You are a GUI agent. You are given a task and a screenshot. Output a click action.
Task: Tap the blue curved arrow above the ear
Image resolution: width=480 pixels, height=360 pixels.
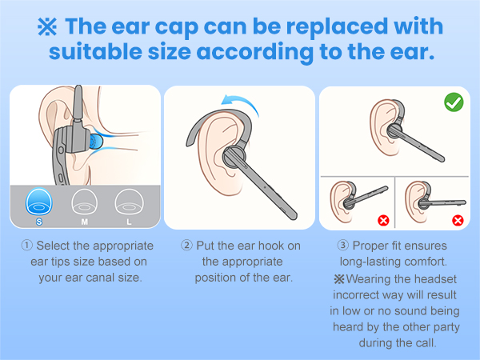coord(240,103)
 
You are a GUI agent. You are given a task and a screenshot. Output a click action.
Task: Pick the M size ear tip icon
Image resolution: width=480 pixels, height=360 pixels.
coord(82,201)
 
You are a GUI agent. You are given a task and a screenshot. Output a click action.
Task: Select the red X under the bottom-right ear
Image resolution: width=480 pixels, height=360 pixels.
coord(458,219)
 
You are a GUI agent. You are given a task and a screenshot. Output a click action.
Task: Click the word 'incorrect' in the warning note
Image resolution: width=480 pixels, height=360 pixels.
coord(356,294)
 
